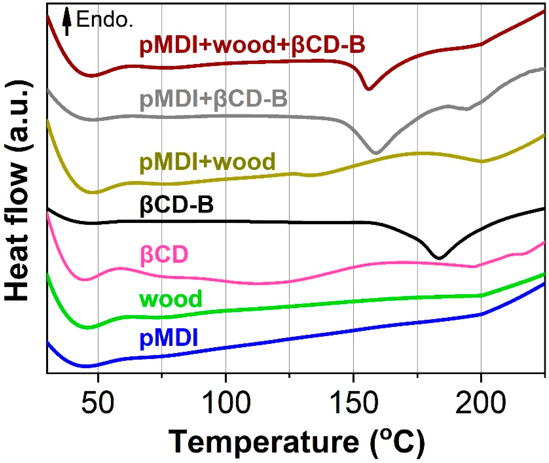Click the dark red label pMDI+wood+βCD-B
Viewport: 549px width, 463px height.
[x=252, y=45]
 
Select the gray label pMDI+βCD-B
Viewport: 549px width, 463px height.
[x=213, y=100]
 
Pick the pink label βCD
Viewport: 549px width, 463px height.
[x=164, y=254]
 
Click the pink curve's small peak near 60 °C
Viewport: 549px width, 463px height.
[x=121, y=268]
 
